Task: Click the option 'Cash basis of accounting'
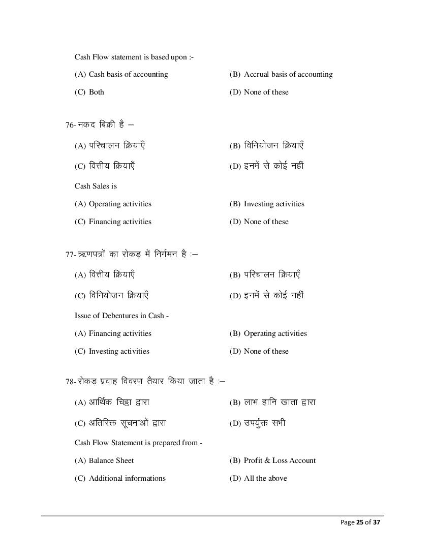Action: click(x=128, y=74)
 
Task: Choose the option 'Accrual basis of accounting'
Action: click(x=288, y=74)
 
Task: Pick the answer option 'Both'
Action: click(x=96, y=92)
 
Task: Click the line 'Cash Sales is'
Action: click(x=96, y=186)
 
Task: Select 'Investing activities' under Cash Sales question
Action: click(x=274, y=204)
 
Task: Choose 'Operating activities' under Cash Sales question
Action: click(x=120, y=204)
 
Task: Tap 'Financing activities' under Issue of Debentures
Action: click(x=120, y=333)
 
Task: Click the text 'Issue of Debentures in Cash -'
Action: click(x=121, y=316)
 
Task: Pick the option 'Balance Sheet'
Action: click(x=111, y=460)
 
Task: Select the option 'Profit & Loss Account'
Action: click(x=280, y=460)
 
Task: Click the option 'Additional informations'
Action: click(x=127, y=478)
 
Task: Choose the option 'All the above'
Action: click(x=265, y=478)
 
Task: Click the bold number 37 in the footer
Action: click(x=376, y=522)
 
